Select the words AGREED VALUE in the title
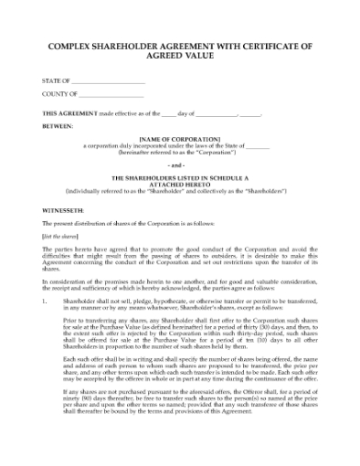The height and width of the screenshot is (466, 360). coord(179,56)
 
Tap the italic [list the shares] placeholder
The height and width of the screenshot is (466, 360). coord(58,236)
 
